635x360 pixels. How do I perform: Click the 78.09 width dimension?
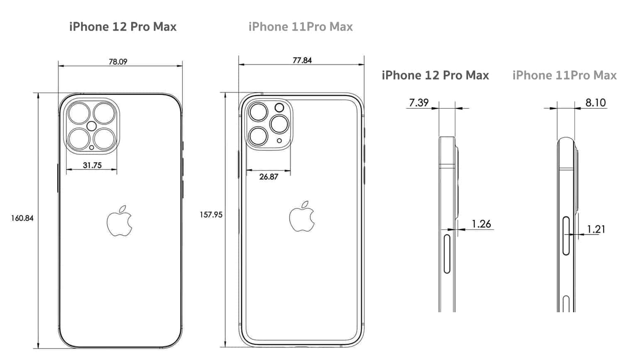click(118, 61)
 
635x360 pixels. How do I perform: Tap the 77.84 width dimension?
click(302, 60)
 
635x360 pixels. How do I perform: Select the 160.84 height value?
click(22, 218)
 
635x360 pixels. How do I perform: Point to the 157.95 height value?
click(211, 215)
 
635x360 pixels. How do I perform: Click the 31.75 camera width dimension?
click(92, 165)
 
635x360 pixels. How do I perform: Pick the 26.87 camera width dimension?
click(269, 176)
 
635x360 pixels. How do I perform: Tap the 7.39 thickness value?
click(419, 102)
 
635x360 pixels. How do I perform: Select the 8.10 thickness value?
click(595, 102)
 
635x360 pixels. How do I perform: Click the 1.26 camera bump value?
click(481, 224)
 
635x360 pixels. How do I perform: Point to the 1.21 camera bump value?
click(596, 229)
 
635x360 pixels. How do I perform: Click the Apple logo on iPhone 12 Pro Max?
click(120, 221)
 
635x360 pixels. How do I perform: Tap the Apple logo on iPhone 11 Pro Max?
click(302, 216)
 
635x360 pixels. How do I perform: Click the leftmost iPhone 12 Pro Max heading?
click(123, 27)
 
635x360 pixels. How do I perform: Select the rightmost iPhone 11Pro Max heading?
click(564, 75)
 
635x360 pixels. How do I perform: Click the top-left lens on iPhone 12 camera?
click(79, 113)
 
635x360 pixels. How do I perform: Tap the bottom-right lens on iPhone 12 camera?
click(104, 139)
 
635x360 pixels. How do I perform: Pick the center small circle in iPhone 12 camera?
click(92, 126)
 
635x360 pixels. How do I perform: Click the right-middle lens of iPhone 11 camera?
click(279, 124)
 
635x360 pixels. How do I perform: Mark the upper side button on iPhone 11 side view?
click(566, 235)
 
